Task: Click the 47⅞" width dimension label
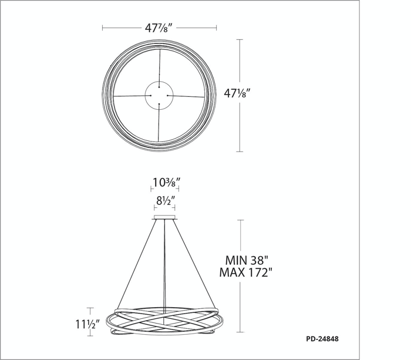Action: tap(159, 28)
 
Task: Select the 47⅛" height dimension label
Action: tap(235, 93)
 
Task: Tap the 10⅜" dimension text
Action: tap(167, 182)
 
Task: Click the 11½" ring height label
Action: tap(87, 324)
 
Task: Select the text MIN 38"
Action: tap(247, 260)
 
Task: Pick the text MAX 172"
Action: tap(245, 272)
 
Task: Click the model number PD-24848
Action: tap(322, 339)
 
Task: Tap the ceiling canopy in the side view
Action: tap(164, 217)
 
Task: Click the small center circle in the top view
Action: tap(159, 82)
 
